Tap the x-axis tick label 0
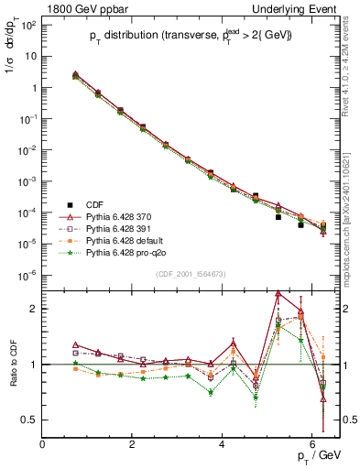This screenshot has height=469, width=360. click(x=43, y=443)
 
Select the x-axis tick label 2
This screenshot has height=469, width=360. click(x=133, y=443)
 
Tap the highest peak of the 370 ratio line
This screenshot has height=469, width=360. click(x=278, y=293)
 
